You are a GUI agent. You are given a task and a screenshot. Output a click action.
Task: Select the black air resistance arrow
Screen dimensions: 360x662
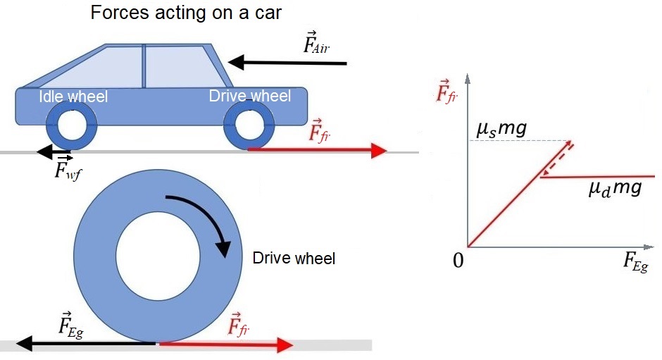click(289, 63)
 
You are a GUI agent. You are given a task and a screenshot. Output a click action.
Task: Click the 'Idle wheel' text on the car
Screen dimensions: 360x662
click(73, 97)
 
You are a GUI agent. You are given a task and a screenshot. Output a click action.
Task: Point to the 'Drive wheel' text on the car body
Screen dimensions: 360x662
click(250, 96)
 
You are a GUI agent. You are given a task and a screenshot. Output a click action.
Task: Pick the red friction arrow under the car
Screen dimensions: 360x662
click(317, 150)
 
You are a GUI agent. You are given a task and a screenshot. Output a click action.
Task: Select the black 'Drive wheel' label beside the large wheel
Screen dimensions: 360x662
click(294, 259)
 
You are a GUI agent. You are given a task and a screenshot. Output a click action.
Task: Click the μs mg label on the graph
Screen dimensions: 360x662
click(501, 129)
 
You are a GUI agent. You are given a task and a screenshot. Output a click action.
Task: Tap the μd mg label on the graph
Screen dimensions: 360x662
click(615, 190)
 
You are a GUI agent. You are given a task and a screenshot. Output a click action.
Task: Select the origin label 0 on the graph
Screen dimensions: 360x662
click(458, 261)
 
